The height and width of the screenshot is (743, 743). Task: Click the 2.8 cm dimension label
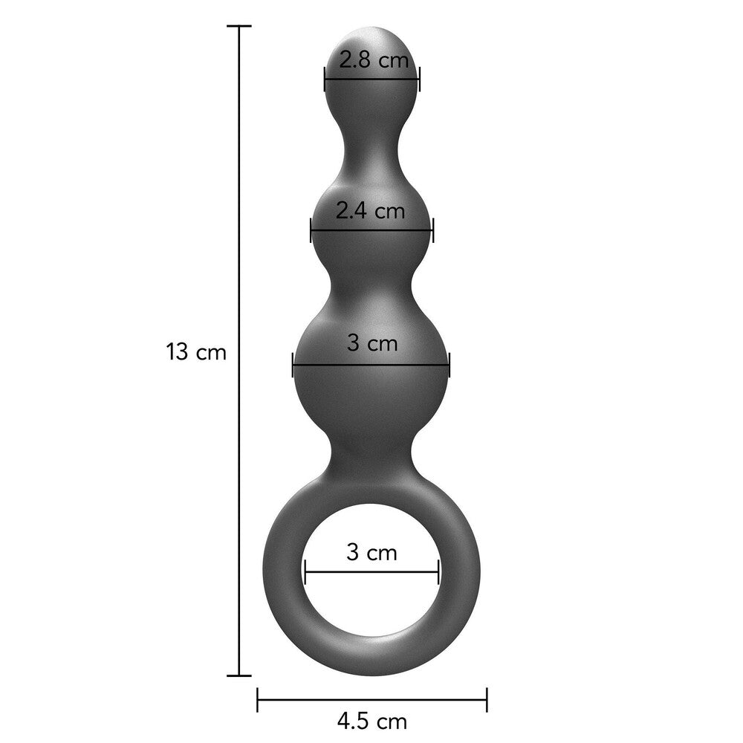[x=374, y=60]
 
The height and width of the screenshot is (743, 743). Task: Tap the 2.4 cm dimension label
[x=370, y=211]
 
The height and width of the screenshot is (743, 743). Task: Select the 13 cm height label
[x=196, y=351]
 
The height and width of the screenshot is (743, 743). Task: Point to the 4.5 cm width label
[x=371, y=721]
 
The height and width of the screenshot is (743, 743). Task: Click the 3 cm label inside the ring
[x=371, y=552]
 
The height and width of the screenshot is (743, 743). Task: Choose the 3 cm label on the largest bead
[x=372, y=343]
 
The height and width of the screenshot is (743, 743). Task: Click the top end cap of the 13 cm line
[x=239, y=26]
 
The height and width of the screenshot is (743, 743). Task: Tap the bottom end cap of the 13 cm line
[x=239, y=675]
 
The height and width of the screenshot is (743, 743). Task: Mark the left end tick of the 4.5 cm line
[x=258, y=698]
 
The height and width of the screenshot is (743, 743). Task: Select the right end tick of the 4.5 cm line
[x=487, y=698]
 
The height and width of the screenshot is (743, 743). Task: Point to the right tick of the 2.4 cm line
[x=432, y=230]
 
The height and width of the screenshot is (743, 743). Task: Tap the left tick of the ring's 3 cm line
[x=305, y=572]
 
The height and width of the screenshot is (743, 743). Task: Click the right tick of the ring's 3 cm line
[x=438, y=572]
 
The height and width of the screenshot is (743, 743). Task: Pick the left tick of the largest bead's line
[x=293, y=364]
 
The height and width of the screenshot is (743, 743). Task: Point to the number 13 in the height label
[x=179, y=351]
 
